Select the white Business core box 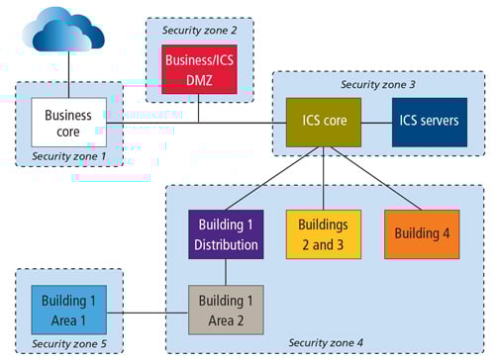[68, 123]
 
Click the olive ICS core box [323, 123]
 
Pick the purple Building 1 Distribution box [226, 234]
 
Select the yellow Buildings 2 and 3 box [325, 234]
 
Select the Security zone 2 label [199, 30]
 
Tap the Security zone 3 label [377, 85]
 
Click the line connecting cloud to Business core [68, 77]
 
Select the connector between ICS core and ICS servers [375, 123]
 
